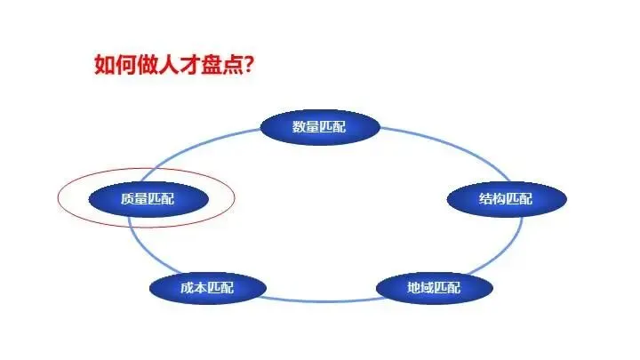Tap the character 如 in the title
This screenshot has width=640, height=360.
tap(104, 65)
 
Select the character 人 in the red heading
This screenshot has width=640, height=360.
tap(165, 65)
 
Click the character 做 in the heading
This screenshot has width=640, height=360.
tap(145, 65)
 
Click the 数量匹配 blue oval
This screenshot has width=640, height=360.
tap(320, 127)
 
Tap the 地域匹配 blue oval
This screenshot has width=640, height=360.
tap(434, 288)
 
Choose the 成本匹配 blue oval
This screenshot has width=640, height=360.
tap(207, 288)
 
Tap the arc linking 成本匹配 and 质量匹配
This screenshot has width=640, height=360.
tap(142, 249)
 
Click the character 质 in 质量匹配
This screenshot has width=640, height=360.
tap(127, 199)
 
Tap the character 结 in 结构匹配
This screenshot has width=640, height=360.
tap(485, 199)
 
